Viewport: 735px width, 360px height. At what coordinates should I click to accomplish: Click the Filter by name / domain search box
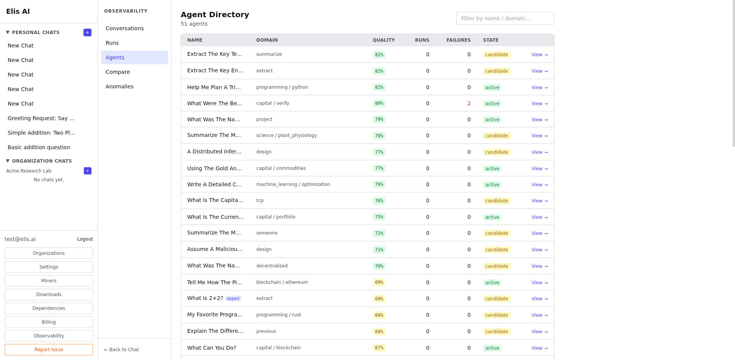pyautogui.click(x=505, y=18)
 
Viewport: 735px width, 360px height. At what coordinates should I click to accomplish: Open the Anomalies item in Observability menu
pyautogui.click(x=119, y=86)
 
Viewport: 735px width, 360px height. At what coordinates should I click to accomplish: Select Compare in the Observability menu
pyautogui.click(x=118, y=72)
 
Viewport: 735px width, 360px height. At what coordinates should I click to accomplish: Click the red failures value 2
pyautogui.click(x=469, y=103)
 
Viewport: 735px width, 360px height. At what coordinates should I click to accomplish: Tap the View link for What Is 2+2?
pyautogui.click(x=539, y=299)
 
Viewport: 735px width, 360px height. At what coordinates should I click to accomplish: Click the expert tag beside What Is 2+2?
pyautogui.click(x=233, y=299)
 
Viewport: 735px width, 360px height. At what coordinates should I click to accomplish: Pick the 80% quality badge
pyautogui.click(x=379, y=103)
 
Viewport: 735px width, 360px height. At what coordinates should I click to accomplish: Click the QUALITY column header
pyautogui.click(x=384, y=40)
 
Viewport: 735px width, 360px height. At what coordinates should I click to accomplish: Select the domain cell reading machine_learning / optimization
pyautogui.click(x=293, y=184)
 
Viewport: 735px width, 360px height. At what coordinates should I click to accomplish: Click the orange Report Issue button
pyautogui.click(x=49, y=350)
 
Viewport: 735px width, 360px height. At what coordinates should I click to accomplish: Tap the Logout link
pyautogui.click(x=85, y=239)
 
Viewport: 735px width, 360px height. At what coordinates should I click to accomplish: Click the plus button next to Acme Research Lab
pyautogui.click(x=88, y=171)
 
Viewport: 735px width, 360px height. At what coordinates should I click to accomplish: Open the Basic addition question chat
pyautogui.click(x=39, y=147)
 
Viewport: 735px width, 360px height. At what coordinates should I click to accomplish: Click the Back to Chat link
pyautogui.click(x=121, y=350)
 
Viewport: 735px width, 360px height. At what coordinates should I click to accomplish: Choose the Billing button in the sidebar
pyautogui.click(x=49, y=322)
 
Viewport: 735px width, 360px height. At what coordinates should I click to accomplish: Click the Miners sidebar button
pyautogui.click(x=49, y=281)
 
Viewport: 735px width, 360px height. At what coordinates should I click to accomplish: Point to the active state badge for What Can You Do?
pyautogui.click(x=492, y=348)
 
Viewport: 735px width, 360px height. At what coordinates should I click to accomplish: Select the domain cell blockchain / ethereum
pyautogui.click(x=282, y=282)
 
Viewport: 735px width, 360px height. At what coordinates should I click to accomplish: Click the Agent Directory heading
pyautogui.click(x=215, y=15)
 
